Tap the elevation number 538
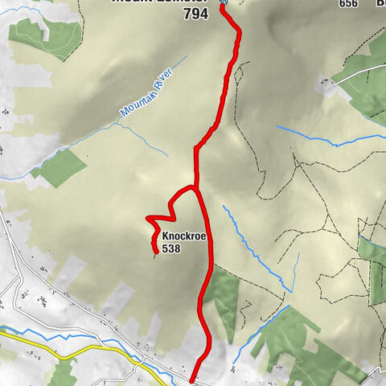(x=170, y=249)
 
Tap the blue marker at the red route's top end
(x=223, y=3)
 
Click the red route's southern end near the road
(x=194, y=380)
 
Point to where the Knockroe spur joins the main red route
(x=195, y=187)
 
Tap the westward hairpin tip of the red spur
(x=147, y=219)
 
